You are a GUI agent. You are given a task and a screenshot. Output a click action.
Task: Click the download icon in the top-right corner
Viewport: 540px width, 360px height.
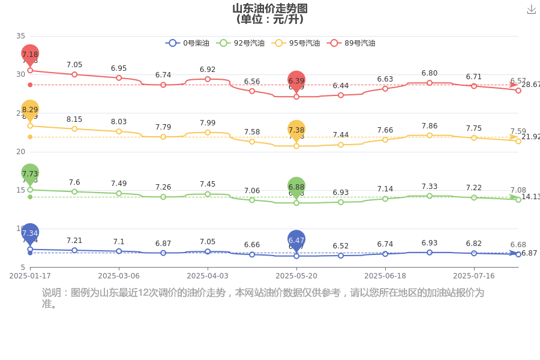531,9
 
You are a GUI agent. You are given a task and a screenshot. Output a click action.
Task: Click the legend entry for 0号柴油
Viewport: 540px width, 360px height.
187,43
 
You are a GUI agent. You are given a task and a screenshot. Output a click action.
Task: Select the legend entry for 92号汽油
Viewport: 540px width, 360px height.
242,43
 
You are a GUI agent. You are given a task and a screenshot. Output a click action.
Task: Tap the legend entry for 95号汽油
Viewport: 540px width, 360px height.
296,43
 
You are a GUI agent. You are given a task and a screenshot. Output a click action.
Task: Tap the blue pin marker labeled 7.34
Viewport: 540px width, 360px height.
30,233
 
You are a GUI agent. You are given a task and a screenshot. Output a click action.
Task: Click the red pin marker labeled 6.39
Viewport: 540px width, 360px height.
296,81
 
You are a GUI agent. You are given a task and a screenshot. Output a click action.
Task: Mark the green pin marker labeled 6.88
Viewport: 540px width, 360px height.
296,187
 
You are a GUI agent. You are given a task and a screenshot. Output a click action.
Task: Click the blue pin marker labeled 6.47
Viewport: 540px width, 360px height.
296,240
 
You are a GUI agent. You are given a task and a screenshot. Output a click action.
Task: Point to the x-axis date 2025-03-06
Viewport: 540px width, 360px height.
119,276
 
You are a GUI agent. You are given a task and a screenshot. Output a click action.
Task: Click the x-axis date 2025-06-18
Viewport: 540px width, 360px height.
385,276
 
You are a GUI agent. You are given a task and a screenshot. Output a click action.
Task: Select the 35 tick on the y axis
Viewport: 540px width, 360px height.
21,36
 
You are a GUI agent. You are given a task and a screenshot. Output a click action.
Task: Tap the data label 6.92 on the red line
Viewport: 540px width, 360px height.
208,70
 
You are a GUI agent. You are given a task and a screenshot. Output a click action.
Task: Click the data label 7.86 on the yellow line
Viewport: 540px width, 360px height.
430,125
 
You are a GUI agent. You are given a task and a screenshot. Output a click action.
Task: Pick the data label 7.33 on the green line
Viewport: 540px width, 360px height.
430,187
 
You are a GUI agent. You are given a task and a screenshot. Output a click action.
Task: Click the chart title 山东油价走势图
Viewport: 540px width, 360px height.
270,8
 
